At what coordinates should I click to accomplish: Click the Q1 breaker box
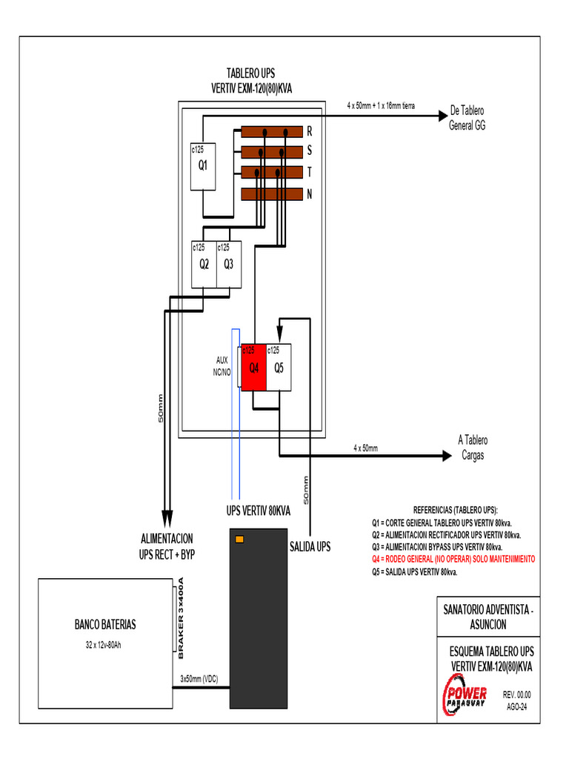pyautogui.click(x=202, y=165)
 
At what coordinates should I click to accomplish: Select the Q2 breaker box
pyautogui.click(x=204, y=264)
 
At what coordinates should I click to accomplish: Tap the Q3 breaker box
pyautogui.click(x=228, y=264)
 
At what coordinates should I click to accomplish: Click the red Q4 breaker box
pyautogui.click(x=253, y=367)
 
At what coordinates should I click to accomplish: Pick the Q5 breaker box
pyautogui.click(x=279, y=367)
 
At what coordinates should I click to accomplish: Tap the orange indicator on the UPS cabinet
pyautogui.click(x=239, y=539)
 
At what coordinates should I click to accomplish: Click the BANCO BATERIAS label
pyautogui.click(x=104, y=624)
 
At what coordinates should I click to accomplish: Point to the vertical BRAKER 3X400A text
pyautogui.click(x=179, y=619)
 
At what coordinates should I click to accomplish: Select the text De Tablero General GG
pyautogui.click(x=467, y=119)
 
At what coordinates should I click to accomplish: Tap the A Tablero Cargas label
pyautogui.click(x=473, y=448)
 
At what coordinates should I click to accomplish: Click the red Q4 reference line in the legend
pyautogui.click(x=453, y=559)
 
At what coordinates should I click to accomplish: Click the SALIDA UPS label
pyautogui.click(x=310, y=547)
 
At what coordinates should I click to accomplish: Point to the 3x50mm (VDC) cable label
pyautogui.click(x=199, y=678)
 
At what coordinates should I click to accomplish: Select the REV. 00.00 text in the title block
pyautogui.click(x=517, y=695)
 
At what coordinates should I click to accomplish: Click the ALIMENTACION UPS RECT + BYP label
pyautogui.click(x=167, y=546)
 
